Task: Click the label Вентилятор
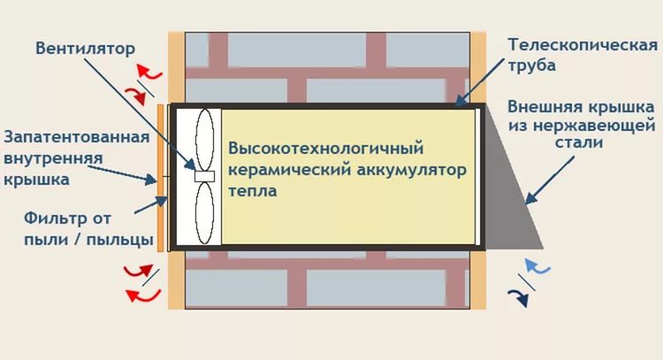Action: (x=85, y=49)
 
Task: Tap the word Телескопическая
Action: (x=583, y=45)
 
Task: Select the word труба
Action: (x=531, y=66)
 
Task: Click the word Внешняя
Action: (x=540, y=107)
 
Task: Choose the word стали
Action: (x=579, y=142)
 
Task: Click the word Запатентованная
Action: (x=77, y=137)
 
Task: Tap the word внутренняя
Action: (x=53, y=158)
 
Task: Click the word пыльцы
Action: (x=119, y=241)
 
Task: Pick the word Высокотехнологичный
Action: (x=326, y=149)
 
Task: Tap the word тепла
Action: (x=253, y=191)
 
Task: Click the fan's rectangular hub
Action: (x=205, y=176)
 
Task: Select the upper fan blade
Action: (x=205, y=140)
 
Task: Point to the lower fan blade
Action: (x=205, y=213)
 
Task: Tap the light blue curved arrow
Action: (x=537, y=266)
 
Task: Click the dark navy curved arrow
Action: (x=521, y=297)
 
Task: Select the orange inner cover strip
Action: (x=160, y=178)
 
